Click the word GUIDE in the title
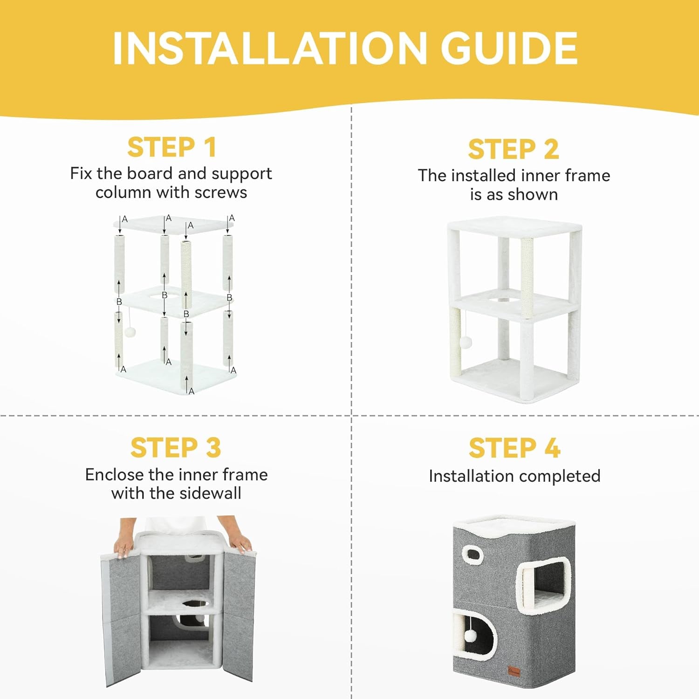point(509,48)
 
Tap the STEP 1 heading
point(172,147)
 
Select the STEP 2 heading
point(514,149)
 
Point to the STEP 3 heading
point(176,448)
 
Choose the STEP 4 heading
point(514,448)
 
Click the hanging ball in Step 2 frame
point(466,342)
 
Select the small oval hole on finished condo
point(473,554)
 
